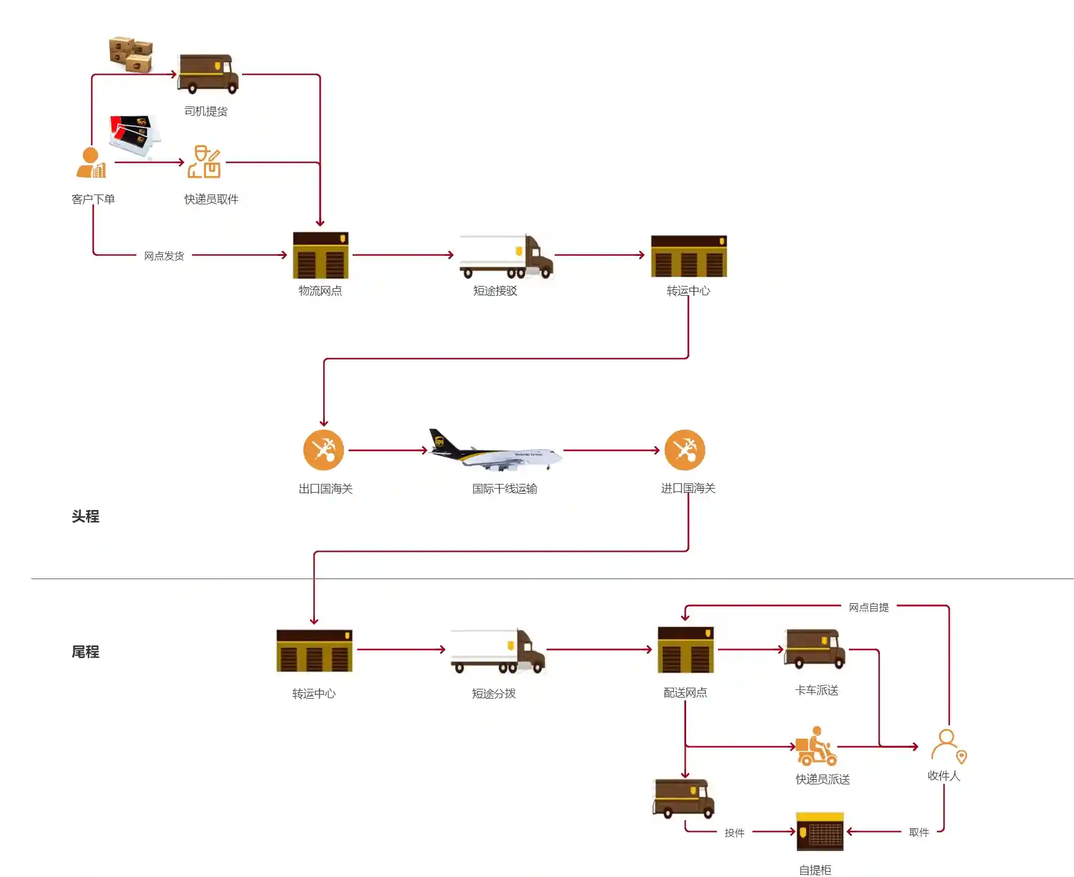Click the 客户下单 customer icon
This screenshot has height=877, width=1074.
(x=91, y=163)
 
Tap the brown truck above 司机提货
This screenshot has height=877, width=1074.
(x=208, y=74)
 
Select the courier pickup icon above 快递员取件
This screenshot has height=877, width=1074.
(x=204, y=162)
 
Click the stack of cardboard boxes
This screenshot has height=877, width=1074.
(x=131, y=54)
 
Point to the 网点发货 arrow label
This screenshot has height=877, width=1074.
(x=164, y=256)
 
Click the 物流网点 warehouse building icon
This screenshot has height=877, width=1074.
(x=320, y=255)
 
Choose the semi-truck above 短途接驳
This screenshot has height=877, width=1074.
(x=505, y=256)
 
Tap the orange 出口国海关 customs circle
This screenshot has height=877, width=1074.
(x=324, y=450)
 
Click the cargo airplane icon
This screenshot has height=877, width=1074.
(x=495, y=451)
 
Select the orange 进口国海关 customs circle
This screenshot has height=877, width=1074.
(x=685, y=450)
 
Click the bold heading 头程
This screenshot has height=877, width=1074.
(x=85, y=516)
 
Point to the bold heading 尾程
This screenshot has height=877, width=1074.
(x=85, y=652)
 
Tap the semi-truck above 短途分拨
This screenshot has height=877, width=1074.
(x=497, y=651)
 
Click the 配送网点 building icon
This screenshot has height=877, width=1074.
(x=686, y=650)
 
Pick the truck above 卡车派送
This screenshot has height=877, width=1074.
(x=815, y=648)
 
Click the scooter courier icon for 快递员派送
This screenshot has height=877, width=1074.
(x=816, y=747)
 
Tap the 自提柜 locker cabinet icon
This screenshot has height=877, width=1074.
(x=820, y=832)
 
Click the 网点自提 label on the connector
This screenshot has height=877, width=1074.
(x=868, y=607)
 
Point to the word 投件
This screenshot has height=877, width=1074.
(x=734, y=833)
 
